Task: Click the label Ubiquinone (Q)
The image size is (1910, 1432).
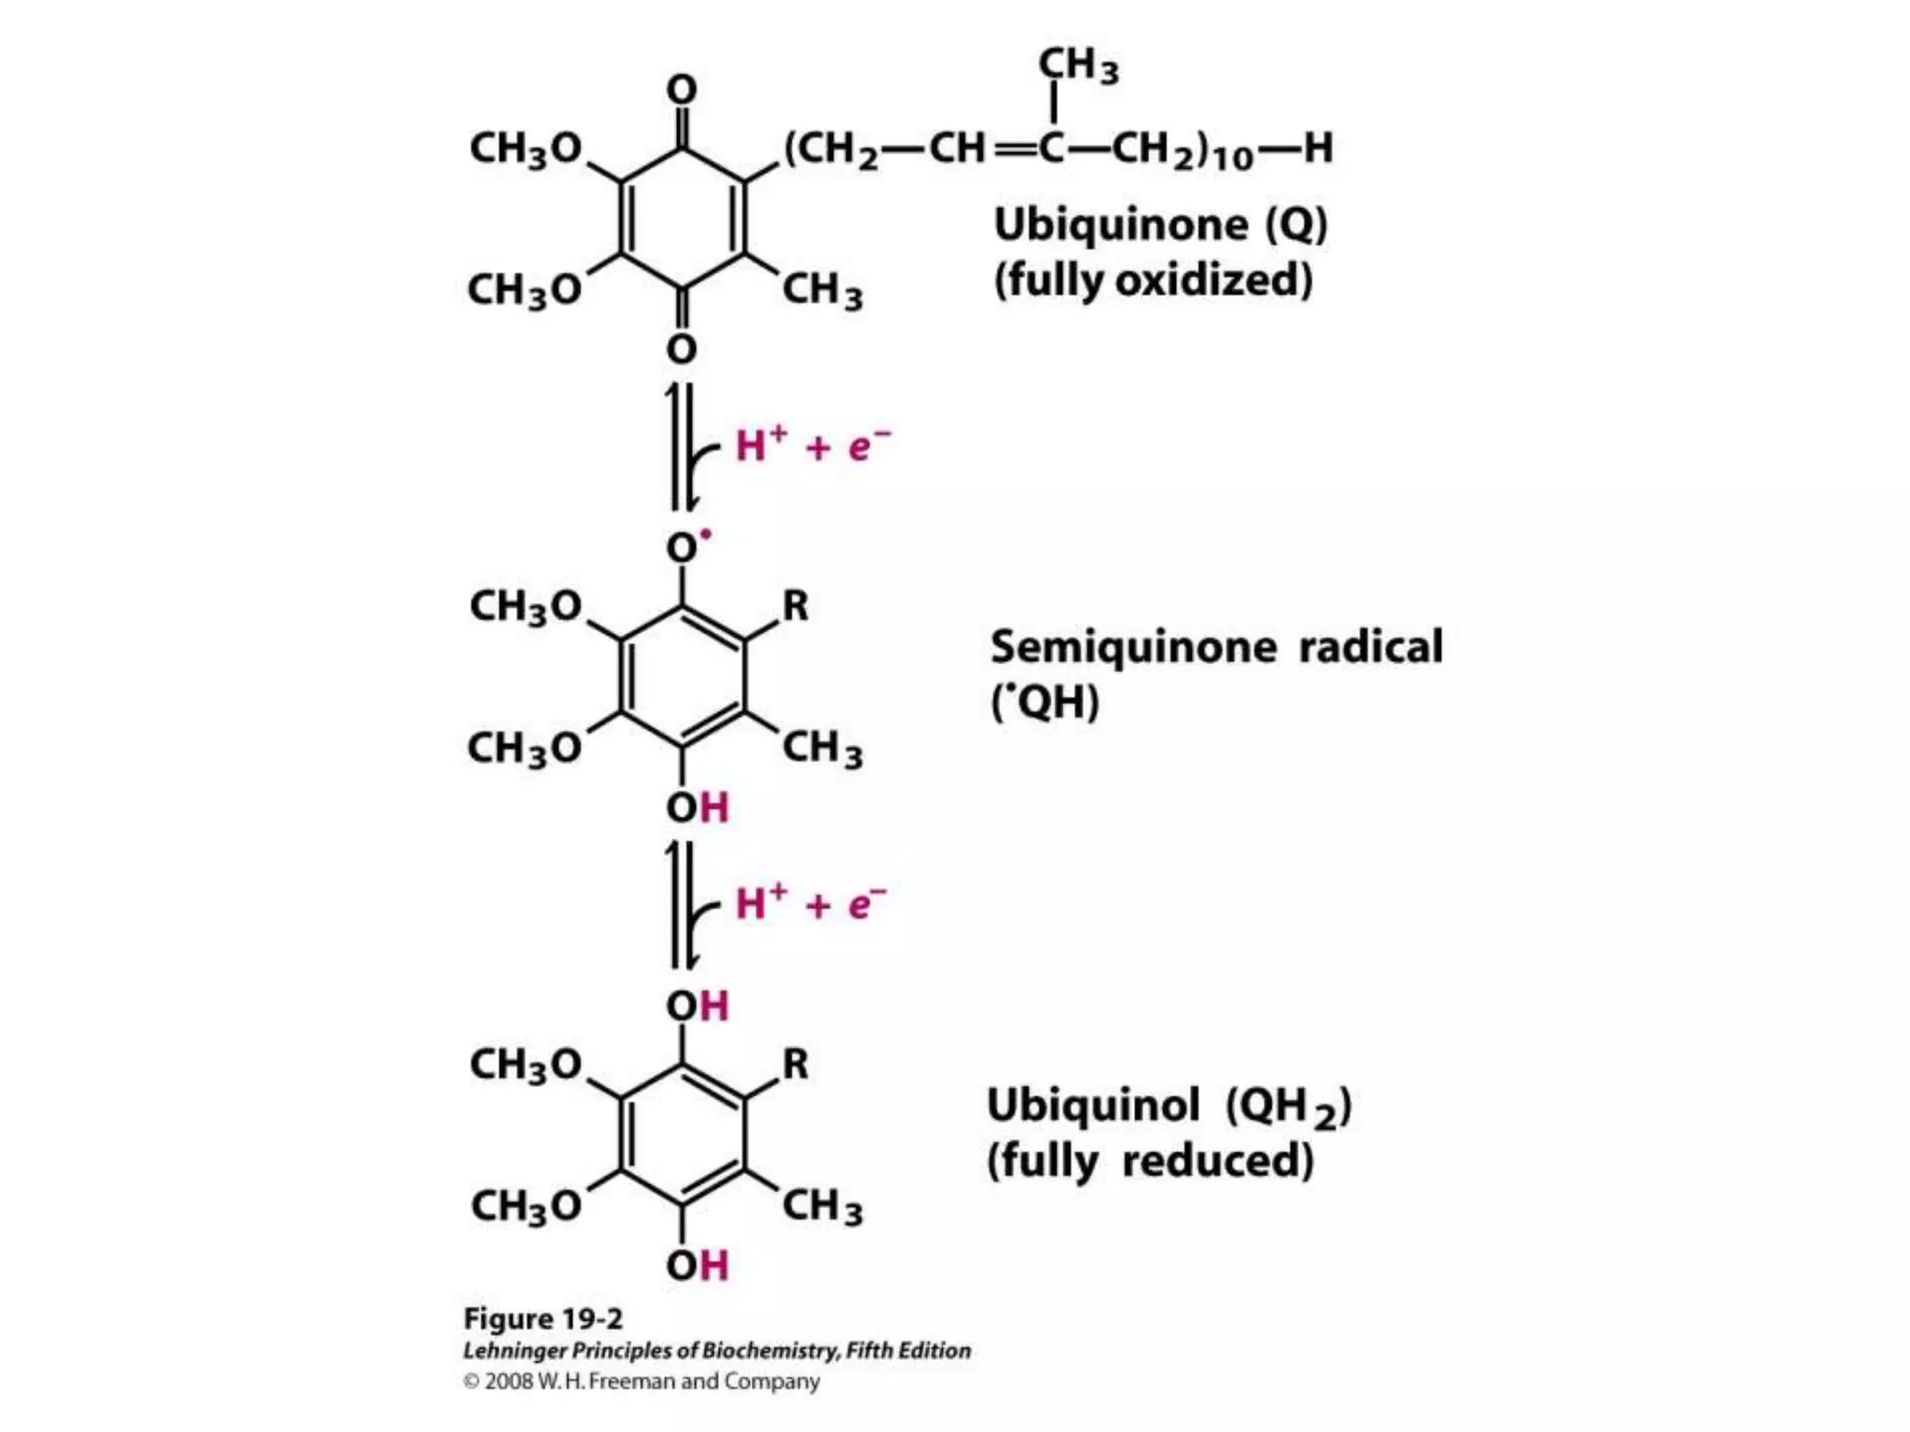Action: (x=1160, y=225)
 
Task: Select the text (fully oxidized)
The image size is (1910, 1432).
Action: (x=1153, y=280)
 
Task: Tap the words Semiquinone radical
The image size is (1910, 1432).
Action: (x=1216, y=647)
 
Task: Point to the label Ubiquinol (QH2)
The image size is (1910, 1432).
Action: (x=1169, y=1107)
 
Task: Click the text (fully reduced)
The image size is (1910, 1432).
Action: (x=1150, y=1162)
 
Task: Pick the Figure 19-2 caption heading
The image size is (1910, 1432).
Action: (x=543, y=1318)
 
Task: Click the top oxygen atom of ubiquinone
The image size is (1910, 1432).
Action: (x=682, y=90)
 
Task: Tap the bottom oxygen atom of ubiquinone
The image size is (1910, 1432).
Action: (x=682, y=349)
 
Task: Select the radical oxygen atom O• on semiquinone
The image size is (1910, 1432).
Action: (x=685, y=547)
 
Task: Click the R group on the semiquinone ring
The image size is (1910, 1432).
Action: (x=796, y=606)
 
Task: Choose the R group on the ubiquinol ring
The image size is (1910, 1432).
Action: (x=796, y=1064)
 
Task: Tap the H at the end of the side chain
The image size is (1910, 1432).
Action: (x=1318, y=147)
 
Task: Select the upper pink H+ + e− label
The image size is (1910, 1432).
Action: (x=812, y=446)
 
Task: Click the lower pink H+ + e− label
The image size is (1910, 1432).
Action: (x=810, y=904)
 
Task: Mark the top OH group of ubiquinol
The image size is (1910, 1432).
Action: (x=697, y=1006)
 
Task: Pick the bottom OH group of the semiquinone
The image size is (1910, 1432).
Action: (x=697, y=807)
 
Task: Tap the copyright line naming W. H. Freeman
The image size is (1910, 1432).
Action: (x=642, y=1382)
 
